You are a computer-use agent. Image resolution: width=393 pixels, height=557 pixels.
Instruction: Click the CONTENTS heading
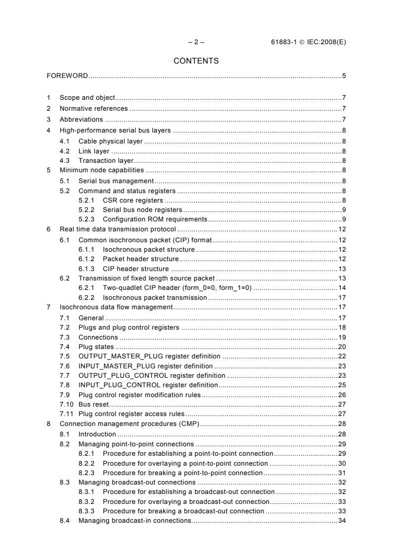196,62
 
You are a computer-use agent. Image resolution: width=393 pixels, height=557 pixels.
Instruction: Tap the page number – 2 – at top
197,42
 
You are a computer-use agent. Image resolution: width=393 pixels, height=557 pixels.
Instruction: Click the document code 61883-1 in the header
279,42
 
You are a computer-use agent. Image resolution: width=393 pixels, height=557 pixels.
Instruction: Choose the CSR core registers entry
133,201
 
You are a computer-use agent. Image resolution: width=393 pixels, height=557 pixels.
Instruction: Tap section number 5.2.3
87,218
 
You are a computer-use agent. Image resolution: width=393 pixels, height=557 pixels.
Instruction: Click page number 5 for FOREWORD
343,76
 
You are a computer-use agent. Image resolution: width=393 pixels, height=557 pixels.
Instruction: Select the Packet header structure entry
140,259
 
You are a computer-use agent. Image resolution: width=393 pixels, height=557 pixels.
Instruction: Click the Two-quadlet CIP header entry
177,288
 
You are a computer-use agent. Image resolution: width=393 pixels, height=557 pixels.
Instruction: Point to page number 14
342,288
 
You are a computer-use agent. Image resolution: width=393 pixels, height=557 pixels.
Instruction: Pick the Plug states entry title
96,347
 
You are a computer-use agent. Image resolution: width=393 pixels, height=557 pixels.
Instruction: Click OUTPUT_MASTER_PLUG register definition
150,356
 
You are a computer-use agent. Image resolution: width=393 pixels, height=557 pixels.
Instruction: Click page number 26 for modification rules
342,395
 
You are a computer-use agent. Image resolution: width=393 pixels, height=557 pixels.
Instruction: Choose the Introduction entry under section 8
97,434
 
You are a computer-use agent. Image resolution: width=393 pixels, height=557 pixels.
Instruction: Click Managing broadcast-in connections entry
134,520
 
